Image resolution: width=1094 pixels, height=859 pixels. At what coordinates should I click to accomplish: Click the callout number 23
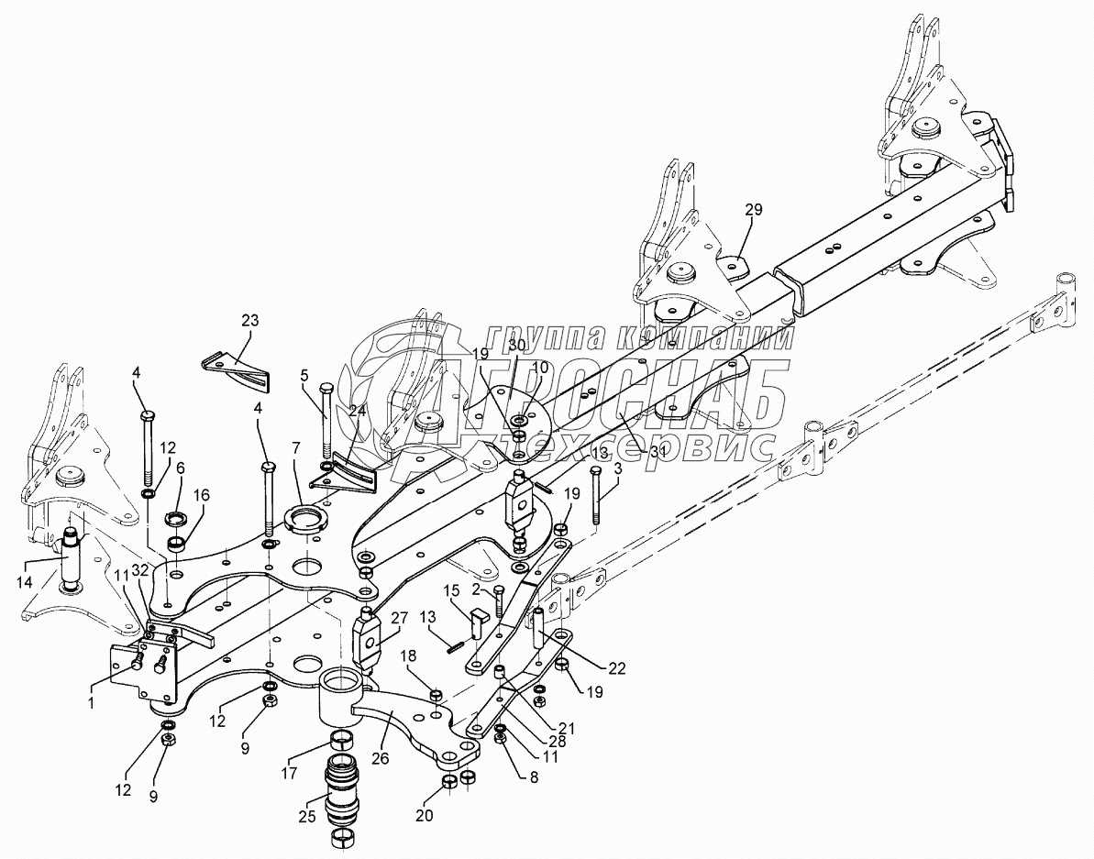coord(250,321)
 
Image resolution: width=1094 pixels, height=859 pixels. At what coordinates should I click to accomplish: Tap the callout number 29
coord(753,211)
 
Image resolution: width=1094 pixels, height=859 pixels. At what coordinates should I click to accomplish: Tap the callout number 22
coord(616,668)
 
